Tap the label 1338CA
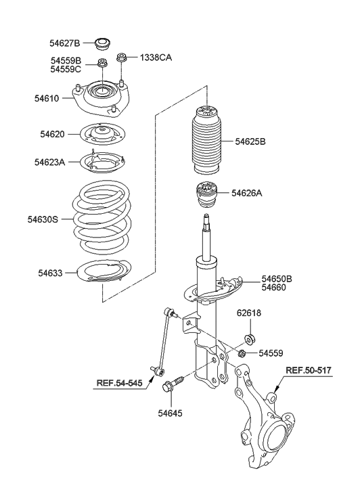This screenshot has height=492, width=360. pos(156,58)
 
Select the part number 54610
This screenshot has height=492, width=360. pos(49,98)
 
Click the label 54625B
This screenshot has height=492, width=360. pos(250,141)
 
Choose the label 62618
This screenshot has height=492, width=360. pos(248,313)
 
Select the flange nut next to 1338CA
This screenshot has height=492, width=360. pos(122,59)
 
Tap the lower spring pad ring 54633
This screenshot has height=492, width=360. pos(104,274)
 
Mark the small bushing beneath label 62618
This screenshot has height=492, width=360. pos(249,338)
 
